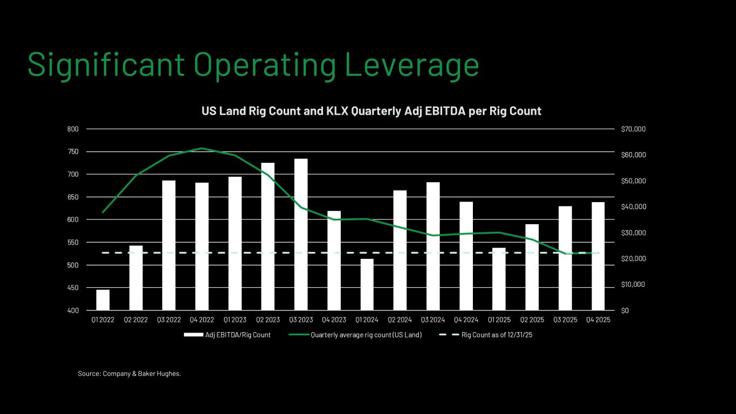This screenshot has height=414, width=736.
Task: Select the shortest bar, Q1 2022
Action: point(103,300)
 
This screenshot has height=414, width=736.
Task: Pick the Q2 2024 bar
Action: point(400,250)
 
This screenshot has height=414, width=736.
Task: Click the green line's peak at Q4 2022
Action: point(202,148)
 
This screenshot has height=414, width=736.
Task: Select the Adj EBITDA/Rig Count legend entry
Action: point(238,335)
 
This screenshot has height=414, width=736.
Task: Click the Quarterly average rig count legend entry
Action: point(366,335)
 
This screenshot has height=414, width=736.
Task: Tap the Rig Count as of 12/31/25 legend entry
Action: point(497,335)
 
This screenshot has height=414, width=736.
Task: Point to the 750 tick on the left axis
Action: point(73,152)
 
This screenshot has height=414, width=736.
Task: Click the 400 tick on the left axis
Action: point(73,310)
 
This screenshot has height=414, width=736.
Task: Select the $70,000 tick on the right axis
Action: point(634,129)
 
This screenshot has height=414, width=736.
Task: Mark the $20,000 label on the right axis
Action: point(634,259)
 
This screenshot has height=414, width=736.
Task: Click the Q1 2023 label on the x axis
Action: point(235,320)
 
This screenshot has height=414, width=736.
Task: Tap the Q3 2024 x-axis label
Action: point(433,320)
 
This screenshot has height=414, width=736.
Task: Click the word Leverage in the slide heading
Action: point(411,64)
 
